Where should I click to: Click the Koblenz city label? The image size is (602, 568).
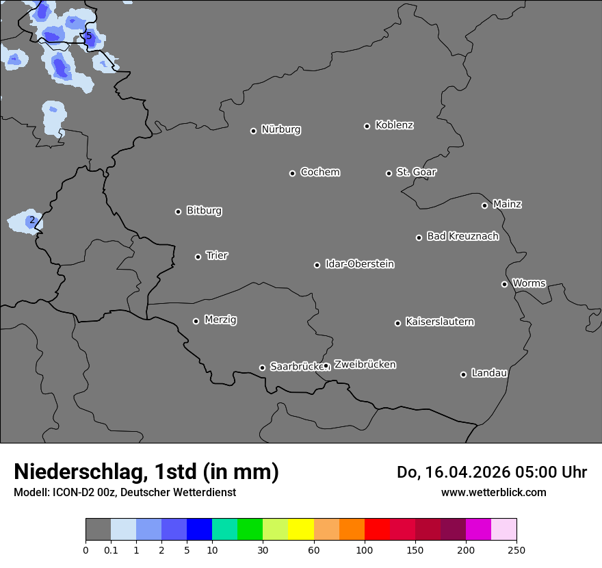coord(394,125)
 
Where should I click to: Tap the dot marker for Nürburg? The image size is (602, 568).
coord(253,131)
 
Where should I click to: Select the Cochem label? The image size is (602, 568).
coord(319,172)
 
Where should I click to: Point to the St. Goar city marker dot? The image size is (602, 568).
coord(389,173)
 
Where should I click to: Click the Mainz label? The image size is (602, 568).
coord(507,204)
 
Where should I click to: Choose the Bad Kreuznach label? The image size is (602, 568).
coord(462,236)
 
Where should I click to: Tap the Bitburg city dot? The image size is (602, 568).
coord(178,211)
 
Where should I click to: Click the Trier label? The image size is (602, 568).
coord(217,255)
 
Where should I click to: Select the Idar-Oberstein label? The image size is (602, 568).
coord(359,263)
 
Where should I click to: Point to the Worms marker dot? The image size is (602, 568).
coord(504,284)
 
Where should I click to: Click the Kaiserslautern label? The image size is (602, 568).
coord(439,322)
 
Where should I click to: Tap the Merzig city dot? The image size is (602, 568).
coord(196,321)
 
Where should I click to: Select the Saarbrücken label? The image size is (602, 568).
coord(296,367)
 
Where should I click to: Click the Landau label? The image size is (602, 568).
coord(489,373)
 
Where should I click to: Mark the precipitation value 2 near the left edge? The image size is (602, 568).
coord(31,220)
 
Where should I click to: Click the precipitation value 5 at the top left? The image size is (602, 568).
coord(88,36)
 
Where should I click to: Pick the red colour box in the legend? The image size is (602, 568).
coord(377,530)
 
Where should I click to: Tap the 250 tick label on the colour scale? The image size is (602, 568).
coord(516,550)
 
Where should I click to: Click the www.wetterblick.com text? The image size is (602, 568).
coord(493,492)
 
